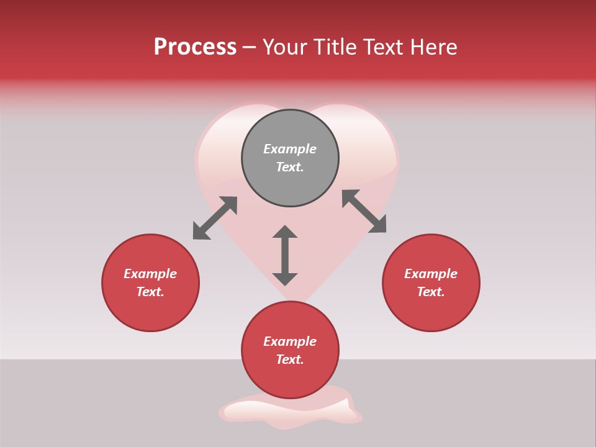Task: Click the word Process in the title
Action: [x=195, y=47]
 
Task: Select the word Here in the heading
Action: [x=433, y=47]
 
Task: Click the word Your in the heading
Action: [x=285, y=47]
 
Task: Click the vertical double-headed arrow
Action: [x=285, y=255]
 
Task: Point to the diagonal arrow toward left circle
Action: [x=215, y=218]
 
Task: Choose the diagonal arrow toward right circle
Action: [x=364, y=212]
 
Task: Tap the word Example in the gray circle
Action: [x=290, y=149]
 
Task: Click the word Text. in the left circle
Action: [x=150, y=292]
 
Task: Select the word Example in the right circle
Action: [x=431, y=274]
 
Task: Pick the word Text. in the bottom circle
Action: [x=290, y=359]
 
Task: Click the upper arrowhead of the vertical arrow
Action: [x=285, y=233]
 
